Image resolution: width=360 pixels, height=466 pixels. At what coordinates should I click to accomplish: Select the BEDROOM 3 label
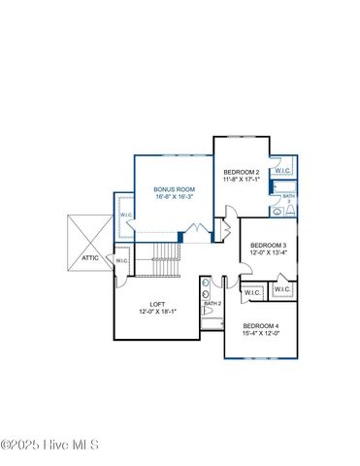267,246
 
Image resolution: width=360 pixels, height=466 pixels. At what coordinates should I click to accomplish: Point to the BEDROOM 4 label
260,325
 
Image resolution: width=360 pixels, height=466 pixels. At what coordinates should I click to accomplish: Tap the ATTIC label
89,258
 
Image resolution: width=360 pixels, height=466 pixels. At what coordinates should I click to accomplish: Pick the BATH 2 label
213,304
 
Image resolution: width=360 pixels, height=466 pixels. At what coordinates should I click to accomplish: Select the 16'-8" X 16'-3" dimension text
176,197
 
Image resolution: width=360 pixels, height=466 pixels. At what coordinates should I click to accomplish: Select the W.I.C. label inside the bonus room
126,216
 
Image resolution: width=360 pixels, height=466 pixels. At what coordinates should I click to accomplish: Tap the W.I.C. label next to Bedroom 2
283,171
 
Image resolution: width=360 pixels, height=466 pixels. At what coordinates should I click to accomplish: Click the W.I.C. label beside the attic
121,260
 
